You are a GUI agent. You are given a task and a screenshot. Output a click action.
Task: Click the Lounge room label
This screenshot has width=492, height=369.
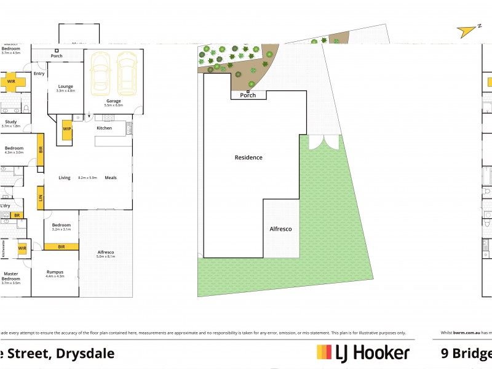click(65, 86)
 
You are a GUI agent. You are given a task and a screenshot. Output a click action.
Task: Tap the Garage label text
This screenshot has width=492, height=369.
click(113, 101)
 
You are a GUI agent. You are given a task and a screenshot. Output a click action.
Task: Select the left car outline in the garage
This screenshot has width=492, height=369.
click(100, 73)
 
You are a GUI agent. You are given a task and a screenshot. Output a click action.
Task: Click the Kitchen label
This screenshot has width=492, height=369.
click(104, 128)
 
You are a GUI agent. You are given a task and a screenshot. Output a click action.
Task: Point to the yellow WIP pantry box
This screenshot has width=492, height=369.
click(66, 130)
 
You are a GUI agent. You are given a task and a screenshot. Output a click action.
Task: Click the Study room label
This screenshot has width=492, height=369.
click(10, 121)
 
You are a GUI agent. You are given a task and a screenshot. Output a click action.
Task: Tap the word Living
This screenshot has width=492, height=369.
click(65, 178)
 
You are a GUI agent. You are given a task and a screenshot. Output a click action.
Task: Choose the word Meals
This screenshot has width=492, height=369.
click(110, 178)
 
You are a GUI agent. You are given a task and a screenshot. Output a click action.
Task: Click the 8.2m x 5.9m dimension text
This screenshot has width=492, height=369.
click(88, 178)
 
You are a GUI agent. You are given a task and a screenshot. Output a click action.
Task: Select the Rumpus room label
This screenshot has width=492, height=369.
click(55, 271)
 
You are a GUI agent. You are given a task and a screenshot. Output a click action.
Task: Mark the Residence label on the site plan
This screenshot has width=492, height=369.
click(248, 157)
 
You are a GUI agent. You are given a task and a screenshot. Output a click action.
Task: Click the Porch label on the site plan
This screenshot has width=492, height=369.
click(248, 95)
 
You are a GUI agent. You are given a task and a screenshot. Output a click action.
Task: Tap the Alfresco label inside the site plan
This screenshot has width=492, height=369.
click(280, 229)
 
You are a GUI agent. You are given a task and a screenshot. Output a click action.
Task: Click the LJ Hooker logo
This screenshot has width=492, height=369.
click(363, 352)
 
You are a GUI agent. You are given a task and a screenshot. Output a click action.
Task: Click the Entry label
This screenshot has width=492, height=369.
click(39, 74)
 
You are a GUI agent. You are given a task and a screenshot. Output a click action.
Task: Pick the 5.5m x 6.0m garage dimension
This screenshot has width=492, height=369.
click(113, 106)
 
